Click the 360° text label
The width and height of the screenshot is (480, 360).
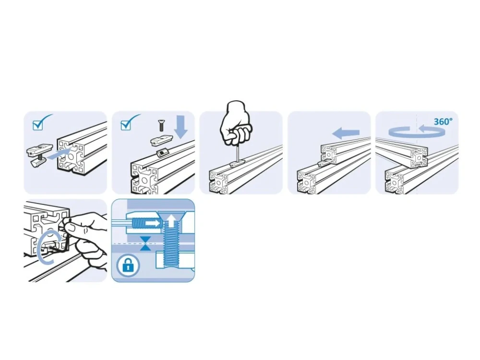(x=443, y=121)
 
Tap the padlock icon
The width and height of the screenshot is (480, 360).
(x=128, y=265)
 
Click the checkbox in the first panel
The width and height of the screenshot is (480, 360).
(x=37, y=125)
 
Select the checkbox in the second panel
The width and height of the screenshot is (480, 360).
(x=125, y=125)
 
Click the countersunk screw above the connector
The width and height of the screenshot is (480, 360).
(x=160, y=125)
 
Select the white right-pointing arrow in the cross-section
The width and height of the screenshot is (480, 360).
(x=153, y=224)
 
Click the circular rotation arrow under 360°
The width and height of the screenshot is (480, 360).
(x=416, y=132)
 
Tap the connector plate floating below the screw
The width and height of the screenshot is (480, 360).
(x=161, y=141)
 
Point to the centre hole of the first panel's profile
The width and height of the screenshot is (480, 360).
(x=71, y=156)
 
